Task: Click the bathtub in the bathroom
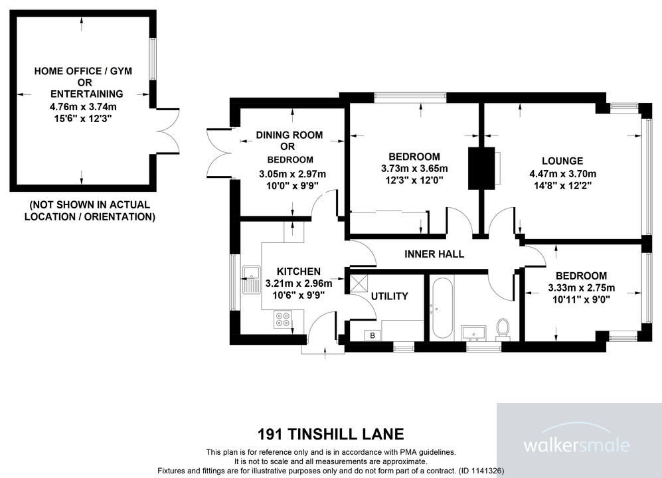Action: click(x=442, y=307)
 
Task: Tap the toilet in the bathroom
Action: click(x=503, y=327)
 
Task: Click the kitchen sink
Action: click(x=252, y=279)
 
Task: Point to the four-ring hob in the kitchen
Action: click(x=282, y=320)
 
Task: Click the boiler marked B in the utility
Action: click(x=372, y=335)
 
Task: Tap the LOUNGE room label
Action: click(x=562, y=161)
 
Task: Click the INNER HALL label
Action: click(x=434, y=254)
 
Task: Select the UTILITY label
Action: click(x=389, y=296)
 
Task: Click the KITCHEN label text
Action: click(x=299, y=272)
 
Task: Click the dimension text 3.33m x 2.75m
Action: click(x=581, y=288)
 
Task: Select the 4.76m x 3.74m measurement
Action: click(x=83, y=106)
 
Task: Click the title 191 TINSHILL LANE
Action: click(x=331, y=435)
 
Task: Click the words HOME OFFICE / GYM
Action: click(x=83, y=71)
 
